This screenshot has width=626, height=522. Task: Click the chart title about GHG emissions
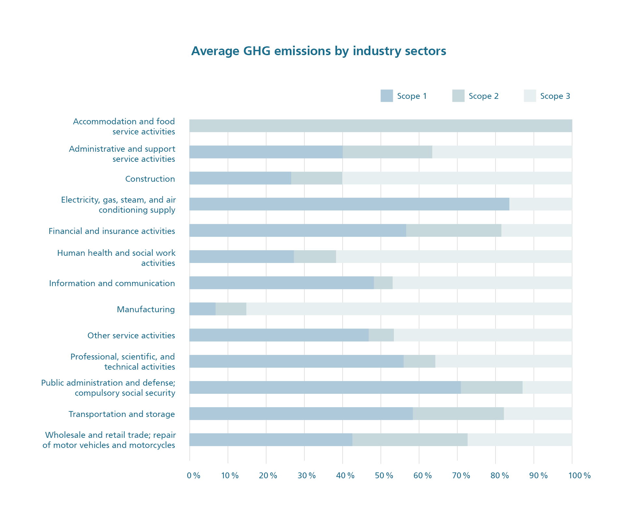[319, 51]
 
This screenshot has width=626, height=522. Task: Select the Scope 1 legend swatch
[387, 96]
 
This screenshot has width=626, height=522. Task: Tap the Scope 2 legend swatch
[458, 96]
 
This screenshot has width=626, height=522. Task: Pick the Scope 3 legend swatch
[530, 96]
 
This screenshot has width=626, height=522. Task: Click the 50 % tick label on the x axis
[384, 476]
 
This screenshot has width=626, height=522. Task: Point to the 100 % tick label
[579, 476]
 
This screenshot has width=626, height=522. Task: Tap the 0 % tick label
[194, 476]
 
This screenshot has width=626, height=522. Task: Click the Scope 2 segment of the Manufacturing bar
[231, 309]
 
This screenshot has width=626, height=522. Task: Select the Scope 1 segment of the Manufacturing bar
[202, 309]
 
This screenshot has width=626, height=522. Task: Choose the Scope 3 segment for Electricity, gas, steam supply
[541, 204]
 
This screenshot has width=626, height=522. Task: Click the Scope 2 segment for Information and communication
[383, 283]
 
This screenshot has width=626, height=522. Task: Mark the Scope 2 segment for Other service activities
[381, 335]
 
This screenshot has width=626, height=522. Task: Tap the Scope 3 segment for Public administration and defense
[547, 387]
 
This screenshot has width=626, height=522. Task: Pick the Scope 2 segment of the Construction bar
[317, 178]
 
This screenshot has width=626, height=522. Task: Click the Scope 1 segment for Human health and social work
[242, 256]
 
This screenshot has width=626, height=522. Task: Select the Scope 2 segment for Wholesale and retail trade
[410, 439]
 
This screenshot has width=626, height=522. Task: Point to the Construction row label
[150, 179]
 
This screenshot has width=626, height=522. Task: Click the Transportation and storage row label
[122, 414]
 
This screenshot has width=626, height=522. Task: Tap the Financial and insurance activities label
[112, 231]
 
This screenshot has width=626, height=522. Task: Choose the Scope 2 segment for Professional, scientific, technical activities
[419, 361]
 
